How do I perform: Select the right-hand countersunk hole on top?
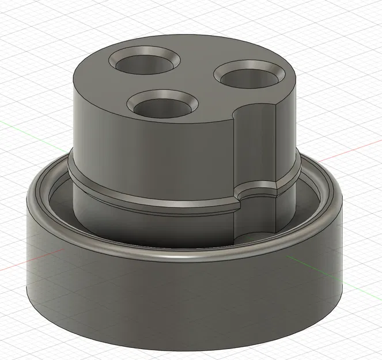tap(249, 77)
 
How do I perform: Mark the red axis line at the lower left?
tap(14, 267)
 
